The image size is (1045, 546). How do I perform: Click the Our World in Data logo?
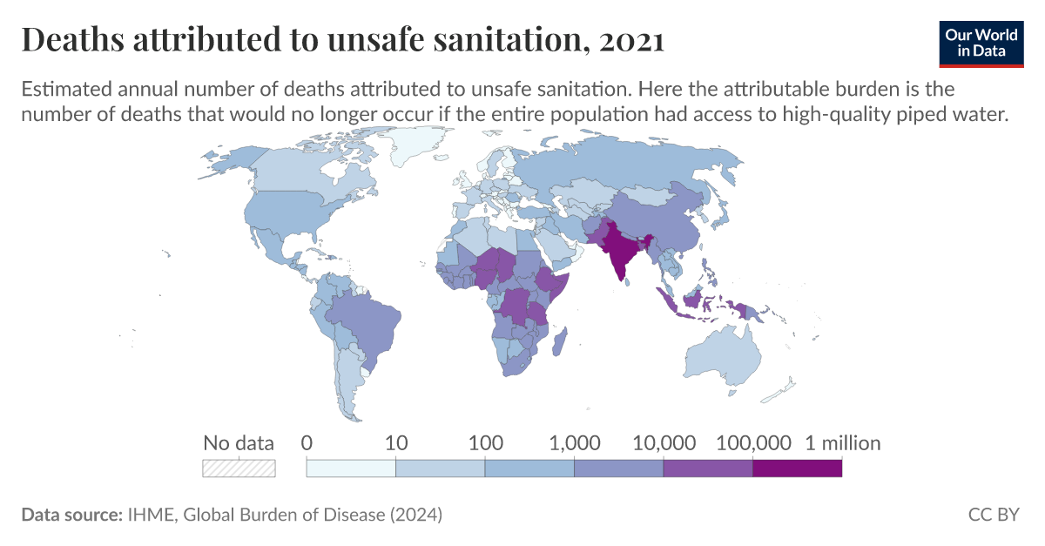coord(981,41)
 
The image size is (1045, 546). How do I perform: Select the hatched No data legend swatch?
coord(239,468)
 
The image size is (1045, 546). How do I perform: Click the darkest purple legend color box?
coord(797,468)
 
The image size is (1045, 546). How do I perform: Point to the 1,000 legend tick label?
coord(575,443)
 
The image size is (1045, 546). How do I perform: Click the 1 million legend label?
coord(841,443)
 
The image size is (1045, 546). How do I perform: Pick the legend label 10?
coord(396,443)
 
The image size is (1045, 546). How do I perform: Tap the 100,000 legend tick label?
coord(753,443)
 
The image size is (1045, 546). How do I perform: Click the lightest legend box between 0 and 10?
coord(351,468)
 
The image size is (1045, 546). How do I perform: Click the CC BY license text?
coord(993,515)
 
